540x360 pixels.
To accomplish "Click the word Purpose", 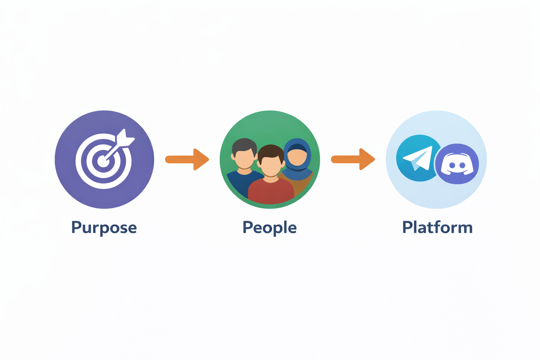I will click(104, 228).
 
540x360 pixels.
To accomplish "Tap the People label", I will click(270, 228).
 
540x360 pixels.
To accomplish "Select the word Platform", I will click(437, 227).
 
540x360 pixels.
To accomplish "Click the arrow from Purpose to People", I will click(187, 160).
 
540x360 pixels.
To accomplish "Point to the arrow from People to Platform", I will click(353, 160).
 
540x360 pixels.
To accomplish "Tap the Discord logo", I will click(457, 164).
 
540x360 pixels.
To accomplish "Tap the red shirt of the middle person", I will click(271, 192).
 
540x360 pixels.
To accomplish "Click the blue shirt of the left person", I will click(239, 183).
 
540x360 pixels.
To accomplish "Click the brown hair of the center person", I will click(270, 151).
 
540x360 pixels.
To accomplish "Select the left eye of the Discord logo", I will click(452, 165).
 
